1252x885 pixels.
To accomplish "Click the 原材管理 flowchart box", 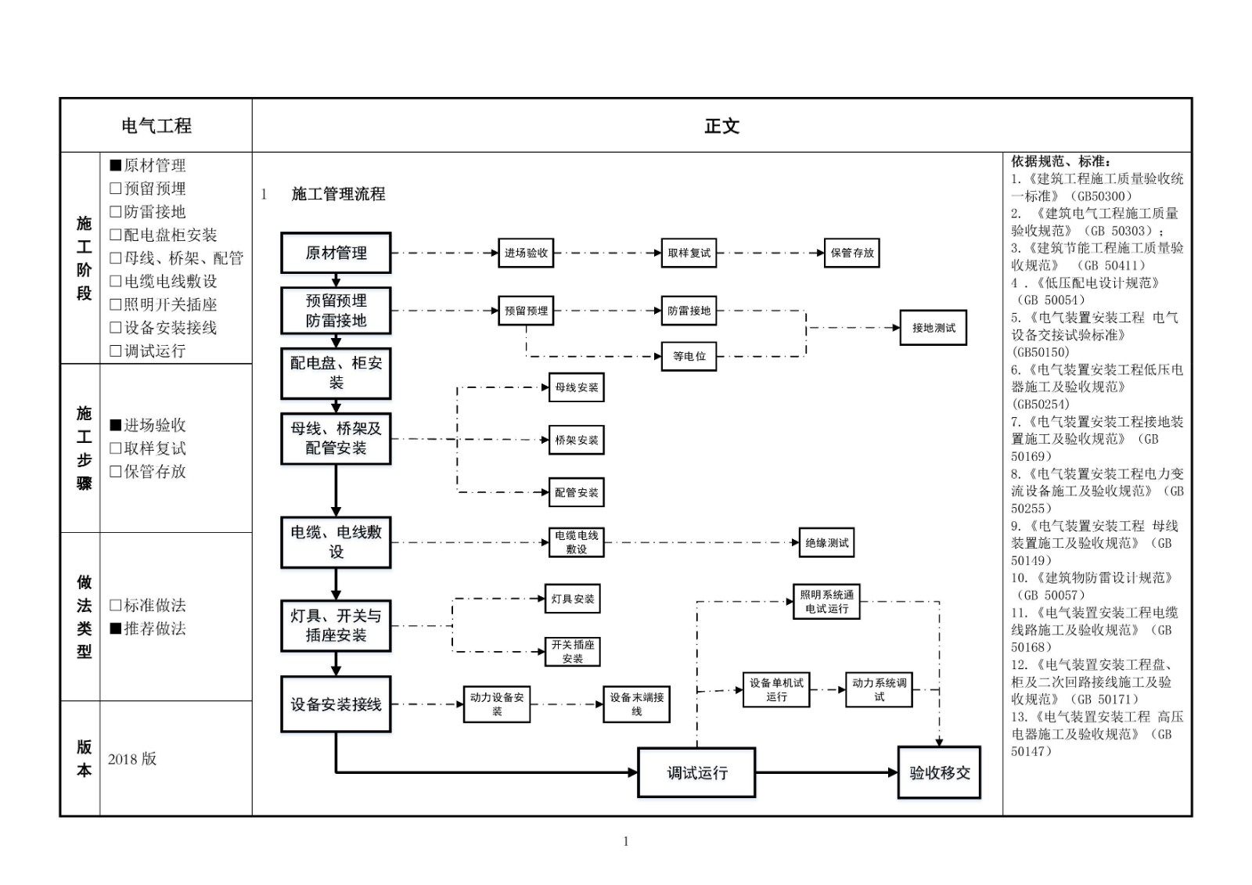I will (336, 253).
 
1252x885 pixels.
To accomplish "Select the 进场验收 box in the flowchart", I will (526, 253).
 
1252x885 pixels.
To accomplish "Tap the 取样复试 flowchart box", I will (689, 253).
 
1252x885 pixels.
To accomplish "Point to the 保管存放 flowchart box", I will (852, 253).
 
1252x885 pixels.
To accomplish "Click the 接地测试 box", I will (934, 328).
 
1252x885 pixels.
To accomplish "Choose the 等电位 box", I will (689, 356).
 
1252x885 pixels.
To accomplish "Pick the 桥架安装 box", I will (577, 440).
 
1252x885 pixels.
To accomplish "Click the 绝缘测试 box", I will (826, 542).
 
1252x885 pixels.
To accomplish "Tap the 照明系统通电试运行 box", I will (826, 602).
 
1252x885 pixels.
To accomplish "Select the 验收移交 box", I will (939, 772).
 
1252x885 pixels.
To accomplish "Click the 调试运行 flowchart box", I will (696, 772).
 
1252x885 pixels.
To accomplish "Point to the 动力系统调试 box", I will (879, 689).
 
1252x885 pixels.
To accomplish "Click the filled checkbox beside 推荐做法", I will (116, 628).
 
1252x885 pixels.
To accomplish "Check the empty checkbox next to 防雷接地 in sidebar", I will (116, 211).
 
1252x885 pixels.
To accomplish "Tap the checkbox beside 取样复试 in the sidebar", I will (116, 448).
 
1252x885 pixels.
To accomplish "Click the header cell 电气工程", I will (156, 125).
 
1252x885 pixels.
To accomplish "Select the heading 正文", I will (721, 125).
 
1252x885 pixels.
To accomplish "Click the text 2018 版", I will (132, 759).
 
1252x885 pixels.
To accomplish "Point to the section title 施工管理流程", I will (338, 194).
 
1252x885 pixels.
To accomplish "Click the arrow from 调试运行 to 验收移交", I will (826, 772).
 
